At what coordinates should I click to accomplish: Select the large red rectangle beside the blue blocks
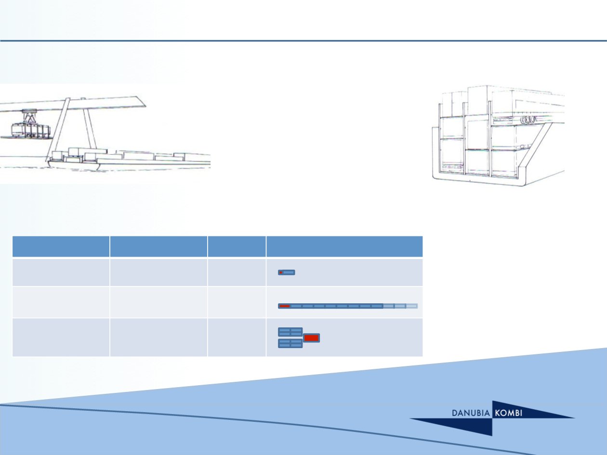point(312,338)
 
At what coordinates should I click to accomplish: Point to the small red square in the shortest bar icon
point(281,273)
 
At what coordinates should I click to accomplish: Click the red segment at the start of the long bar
point(284,306)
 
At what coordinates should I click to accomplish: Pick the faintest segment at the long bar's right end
point(412,306)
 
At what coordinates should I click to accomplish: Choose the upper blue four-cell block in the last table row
point(290,332)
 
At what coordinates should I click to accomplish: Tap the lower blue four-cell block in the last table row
point(290,343)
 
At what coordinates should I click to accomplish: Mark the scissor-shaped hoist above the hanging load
point(30,116)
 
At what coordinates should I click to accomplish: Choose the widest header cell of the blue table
point(344,247)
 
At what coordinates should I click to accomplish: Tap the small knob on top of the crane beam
point(83,99)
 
